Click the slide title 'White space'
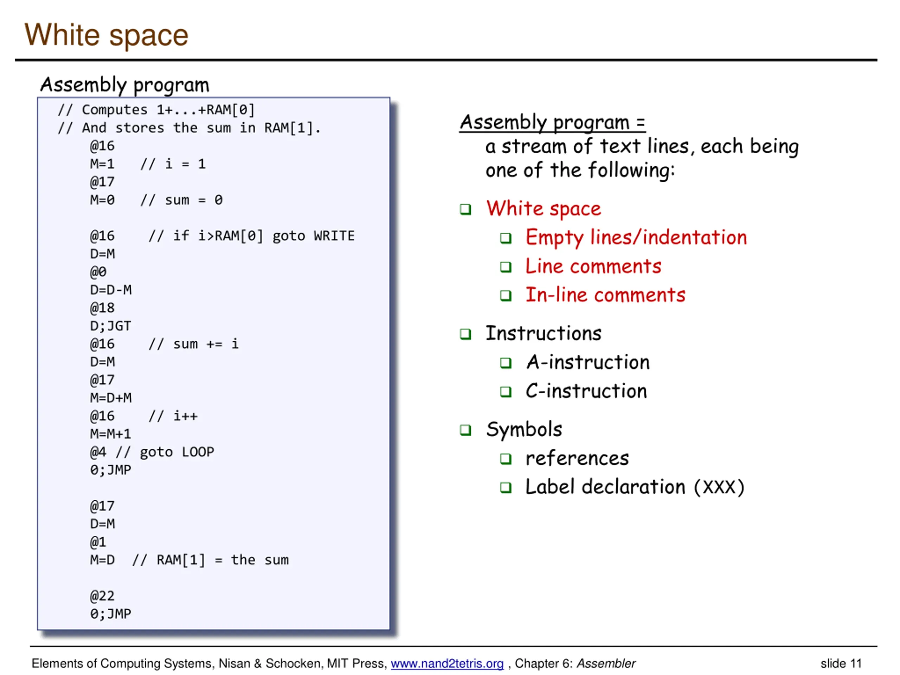point(106,36)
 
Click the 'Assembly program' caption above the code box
point(124,85)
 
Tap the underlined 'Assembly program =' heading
point(552,122)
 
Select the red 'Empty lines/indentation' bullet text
point(636,238)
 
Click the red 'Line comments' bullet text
point(593,266)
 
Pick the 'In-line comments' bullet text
point(605,295)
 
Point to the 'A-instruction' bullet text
point(587,362)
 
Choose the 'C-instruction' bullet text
point(586,391)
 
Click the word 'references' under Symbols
point(577,458)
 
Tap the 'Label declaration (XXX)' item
point(634,487)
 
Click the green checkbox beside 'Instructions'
point(465,334)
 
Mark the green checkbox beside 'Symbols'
point(465,430)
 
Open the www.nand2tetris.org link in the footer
point(447,664)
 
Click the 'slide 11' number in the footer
point(841,664)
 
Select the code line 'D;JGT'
point(111,326)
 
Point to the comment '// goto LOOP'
point(165,452)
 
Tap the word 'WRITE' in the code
point(334,236)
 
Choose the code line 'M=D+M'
point(111,398)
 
